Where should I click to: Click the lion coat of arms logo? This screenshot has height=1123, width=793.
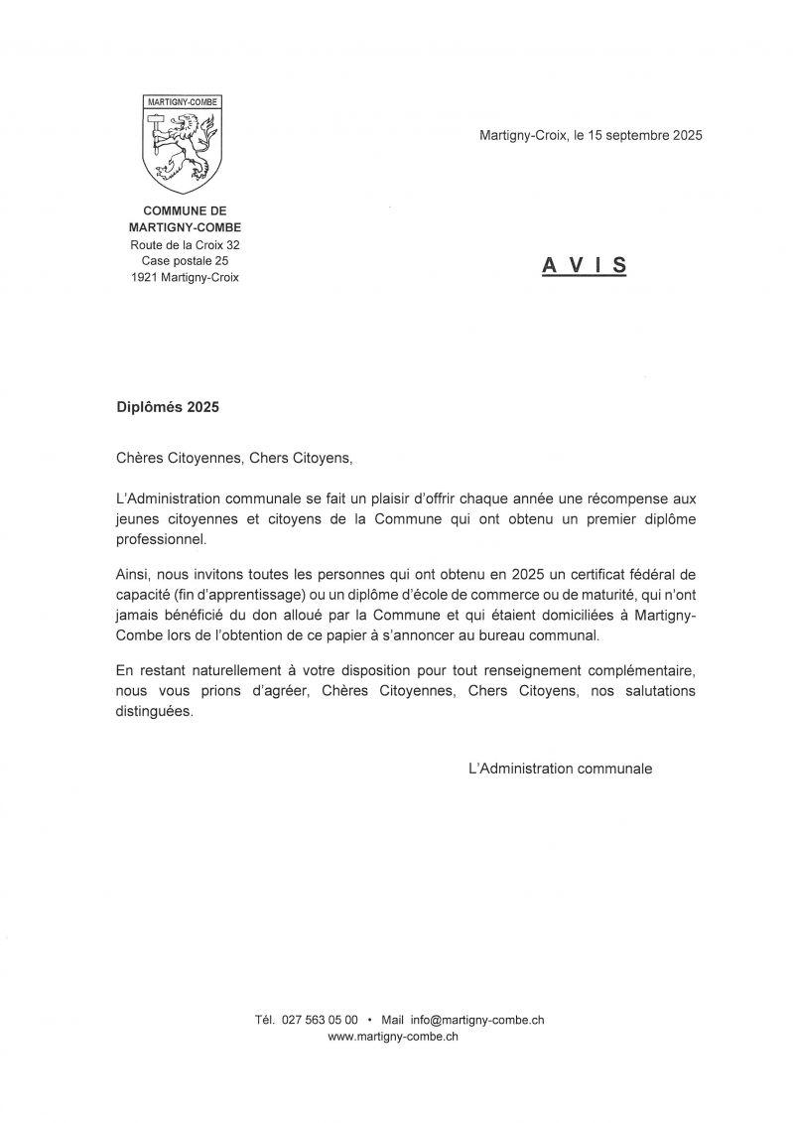click(x=185, y=149)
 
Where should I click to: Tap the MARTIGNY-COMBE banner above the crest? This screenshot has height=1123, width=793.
click(x=185, y=101)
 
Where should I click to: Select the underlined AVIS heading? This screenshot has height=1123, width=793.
click(x=585, y=265)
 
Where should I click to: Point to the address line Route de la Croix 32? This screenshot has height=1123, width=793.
click(x=185, y=244)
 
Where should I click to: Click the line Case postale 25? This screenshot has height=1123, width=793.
click(x=185, y=261)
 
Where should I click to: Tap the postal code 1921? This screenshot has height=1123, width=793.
click(x=145, y=278)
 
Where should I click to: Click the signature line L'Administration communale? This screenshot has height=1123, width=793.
click(x=560, y=768)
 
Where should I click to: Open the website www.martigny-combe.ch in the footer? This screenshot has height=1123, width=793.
click(x=392, y=1036)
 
